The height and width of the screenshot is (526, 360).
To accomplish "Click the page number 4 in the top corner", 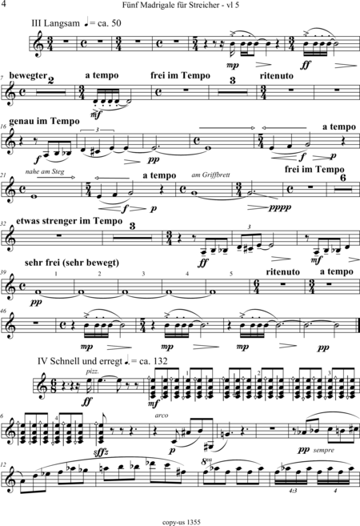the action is (x=4, y=4).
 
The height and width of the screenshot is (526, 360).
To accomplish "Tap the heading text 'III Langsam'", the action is (x=56, y=23).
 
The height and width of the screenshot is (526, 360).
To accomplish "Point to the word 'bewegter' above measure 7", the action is (x=28, y=76).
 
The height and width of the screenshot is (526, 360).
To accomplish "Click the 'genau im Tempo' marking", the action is (x=44, y=121).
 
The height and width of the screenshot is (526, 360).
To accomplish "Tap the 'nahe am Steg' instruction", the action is (x=45, y=172).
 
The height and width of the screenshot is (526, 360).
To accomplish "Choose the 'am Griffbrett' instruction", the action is (x=211, y=175).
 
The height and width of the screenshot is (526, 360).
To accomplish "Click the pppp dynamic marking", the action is (x=280, y=207).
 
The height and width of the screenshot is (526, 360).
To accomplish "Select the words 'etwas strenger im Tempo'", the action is (x=69, y=221).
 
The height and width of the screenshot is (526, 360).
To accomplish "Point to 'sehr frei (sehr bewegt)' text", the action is (x=72, y=263).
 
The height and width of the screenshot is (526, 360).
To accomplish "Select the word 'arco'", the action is (x=162, y=416).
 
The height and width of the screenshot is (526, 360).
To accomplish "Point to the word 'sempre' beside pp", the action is (x=323, y=450).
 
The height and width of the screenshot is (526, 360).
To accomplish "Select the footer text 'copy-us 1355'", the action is (x=182, y=522).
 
